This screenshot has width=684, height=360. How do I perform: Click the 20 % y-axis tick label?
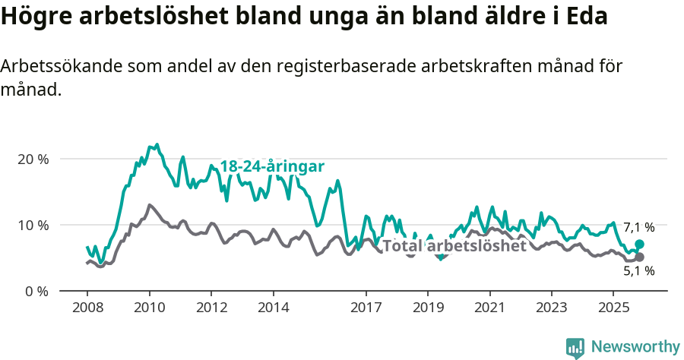[32, 159]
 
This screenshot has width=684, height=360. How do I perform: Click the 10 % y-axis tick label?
[32, 226]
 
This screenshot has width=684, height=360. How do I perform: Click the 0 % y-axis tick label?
[35, 292]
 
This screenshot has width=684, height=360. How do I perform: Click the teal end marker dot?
[639, 244]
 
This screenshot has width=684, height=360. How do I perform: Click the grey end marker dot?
[639, 257]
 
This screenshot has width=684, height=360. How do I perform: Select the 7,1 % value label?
[638, 227]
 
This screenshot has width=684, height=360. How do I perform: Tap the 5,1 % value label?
[638, 271]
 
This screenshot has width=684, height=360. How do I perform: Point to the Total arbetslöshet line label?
[454, 246]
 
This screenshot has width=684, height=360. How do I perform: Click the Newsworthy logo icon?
[575, 347]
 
